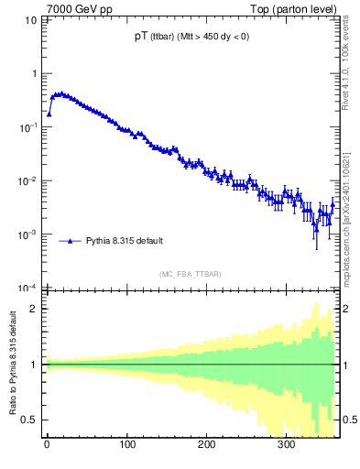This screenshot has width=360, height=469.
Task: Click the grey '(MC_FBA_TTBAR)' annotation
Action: point(189,274)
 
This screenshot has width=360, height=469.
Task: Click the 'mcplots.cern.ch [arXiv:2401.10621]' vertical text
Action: point(345,209)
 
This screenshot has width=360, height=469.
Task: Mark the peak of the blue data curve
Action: point(60,93)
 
